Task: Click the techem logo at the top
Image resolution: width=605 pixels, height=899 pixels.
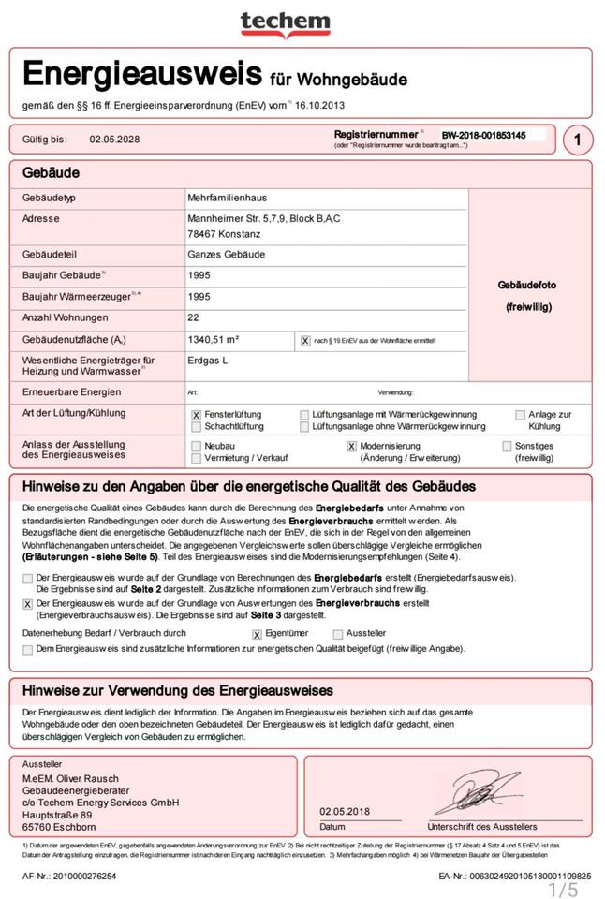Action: coord(285,23)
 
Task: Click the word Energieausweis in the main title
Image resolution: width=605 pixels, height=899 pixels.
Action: coord(143,73)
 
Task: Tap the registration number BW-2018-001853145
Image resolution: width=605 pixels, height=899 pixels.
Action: coord(483,135)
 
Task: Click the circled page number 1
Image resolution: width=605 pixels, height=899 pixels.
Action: coord(578,140)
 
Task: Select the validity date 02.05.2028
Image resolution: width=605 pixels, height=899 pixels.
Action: coord(114,140)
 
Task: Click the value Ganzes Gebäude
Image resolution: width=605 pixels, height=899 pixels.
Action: coord(226,255)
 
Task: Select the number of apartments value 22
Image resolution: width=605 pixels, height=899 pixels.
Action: coord(194,317)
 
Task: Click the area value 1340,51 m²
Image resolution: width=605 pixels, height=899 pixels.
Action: coord(214,340)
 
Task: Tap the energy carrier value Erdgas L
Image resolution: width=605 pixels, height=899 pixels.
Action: coord(208,360)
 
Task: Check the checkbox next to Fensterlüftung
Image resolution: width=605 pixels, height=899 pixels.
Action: coord(196,415)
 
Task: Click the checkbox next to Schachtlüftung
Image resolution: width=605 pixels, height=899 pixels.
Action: coord(196,427)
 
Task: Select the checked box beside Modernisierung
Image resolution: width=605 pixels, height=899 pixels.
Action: coord(351,447)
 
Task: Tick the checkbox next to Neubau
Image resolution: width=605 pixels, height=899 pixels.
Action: coord(196,447)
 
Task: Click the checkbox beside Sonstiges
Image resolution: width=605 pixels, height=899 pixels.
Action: coord(507,447)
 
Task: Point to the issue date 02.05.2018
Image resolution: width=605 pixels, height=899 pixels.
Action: coord(347,811)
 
